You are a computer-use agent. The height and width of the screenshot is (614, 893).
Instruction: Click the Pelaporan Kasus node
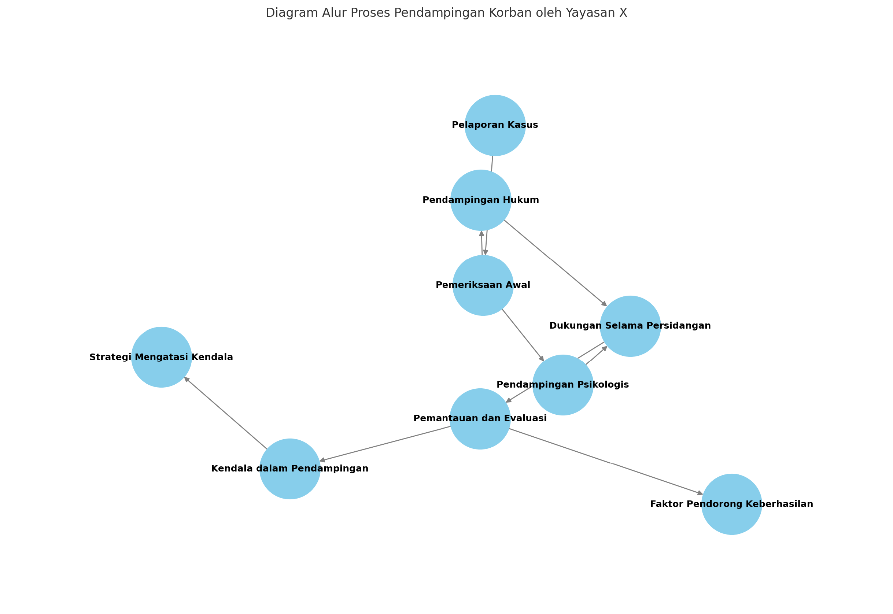pos(495,125)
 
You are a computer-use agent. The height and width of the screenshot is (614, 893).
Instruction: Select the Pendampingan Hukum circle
pos(480,200)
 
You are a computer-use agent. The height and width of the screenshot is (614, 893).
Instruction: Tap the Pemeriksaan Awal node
pos(483,285)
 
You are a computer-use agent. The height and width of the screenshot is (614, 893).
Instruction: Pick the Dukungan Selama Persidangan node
pos(630,326)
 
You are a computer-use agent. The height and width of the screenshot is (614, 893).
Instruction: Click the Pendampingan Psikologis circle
pos(562,385)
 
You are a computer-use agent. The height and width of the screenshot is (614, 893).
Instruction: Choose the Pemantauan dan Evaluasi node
pos(480,419)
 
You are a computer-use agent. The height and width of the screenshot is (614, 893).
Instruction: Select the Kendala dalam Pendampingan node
pos(290,469)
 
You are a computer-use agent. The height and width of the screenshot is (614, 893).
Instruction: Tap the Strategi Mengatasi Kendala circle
pos(161,358)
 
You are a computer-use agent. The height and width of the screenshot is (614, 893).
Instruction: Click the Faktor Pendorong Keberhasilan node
pos(731,504)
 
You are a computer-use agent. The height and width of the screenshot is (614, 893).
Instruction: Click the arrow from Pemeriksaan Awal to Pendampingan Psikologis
pos(523,335)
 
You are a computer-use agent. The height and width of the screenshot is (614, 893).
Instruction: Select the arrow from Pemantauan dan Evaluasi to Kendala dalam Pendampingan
pos(385,444)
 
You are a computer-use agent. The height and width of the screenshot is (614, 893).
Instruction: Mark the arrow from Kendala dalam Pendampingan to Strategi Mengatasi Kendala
pos(226,413)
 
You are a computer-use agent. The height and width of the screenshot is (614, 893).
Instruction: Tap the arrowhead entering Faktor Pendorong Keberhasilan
pos(700,493)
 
